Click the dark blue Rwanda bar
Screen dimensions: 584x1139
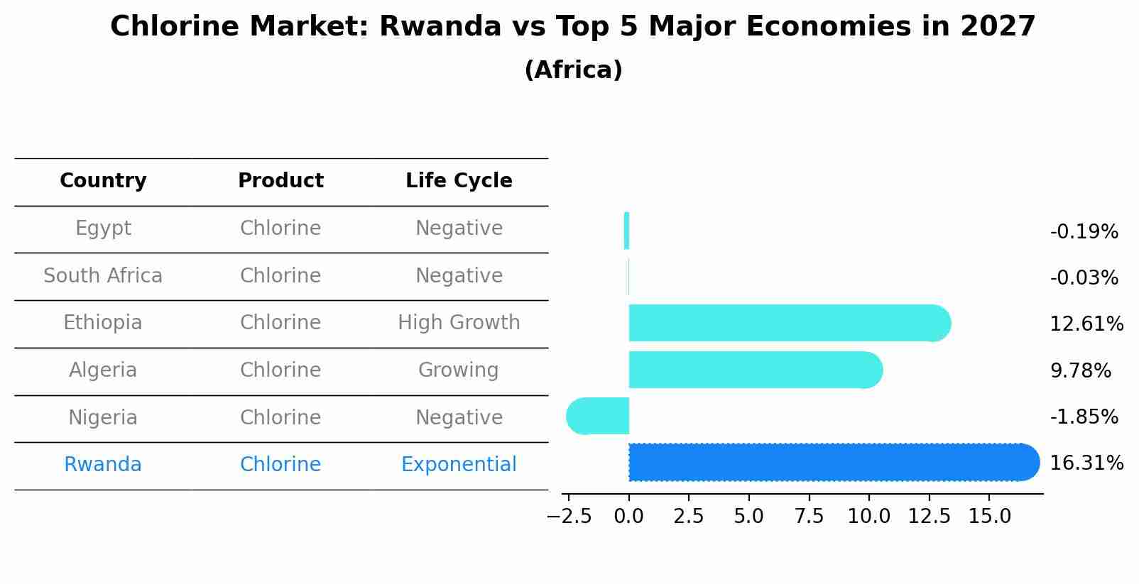pos(831,463)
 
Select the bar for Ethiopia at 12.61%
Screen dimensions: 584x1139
pos(788,324)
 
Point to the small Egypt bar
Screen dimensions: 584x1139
pos(626,231)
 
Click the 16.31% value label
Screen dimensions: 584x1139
pos(1086,463)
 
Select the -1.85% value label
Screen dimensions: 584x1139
pos(1084,417)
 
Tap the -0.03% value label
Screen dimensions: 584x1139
pos(1084,278)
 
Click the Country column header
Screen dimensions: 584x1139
pos(103,181)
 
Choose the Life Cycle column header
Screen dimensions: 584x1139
pos(459,181)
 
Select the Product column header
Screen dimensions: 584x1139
pos(280,181)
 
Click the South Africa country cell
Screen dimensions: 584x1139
pos(103,276)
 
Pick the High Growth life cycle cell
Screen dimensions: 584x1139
pos(459,323)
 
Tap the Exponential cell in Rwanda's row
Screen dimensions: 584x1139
pos(459,465)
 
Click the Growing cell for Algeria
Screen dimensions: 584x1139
pos(459,370)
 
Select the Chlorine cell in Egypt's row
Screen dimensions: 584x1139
pos(280,228)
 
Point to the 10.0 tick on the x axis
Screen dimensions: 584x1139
pos(868,517)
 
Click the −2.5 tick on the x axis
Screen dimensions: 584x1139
pos(569,517)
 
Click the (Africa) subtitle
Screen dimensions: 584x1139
pos(573,70)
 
